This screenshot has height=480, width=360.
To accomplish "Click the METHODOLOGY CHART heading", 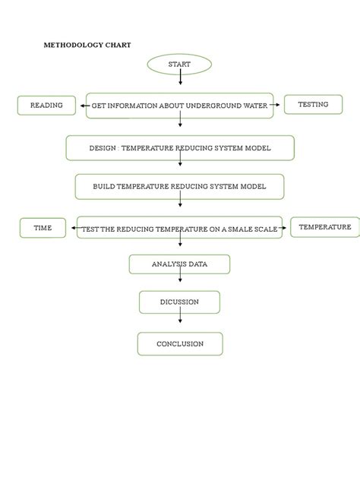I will point(87,46).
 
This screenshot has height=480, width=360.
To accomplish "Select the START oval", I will point(179,65).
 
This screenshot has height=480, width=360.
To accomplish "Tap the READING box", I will point(46,106).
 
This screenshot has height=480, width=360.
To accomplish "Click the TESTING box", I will point(313,105).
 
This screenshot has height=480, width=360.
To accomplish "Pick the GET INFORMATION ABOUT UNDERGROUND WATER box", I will point(179,106).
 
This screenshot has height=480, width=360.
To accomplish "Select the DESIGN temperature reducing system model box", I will point(179,148).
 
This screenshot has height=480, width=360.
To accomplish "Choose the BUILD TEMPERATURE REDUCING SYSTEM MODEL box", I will point(179,187).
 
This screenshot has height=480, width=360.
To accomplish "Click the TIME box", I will point(43,228).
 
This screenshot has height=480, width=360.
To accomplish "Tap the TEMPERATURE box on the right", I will point(324,227).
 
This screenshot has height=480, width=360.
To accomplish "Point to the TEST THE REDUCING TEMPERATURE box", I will point(179,228).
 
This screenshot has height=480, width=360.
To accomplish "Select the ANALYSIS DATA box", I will point(179,264).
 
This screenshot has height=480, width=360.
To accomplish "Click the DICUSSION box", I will point(179,302).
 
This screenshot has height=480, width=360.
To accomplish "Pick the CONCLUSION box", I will point(179,344).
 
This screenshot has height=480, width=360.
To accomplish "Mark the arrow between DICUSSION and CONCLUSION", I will point(180,323).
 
